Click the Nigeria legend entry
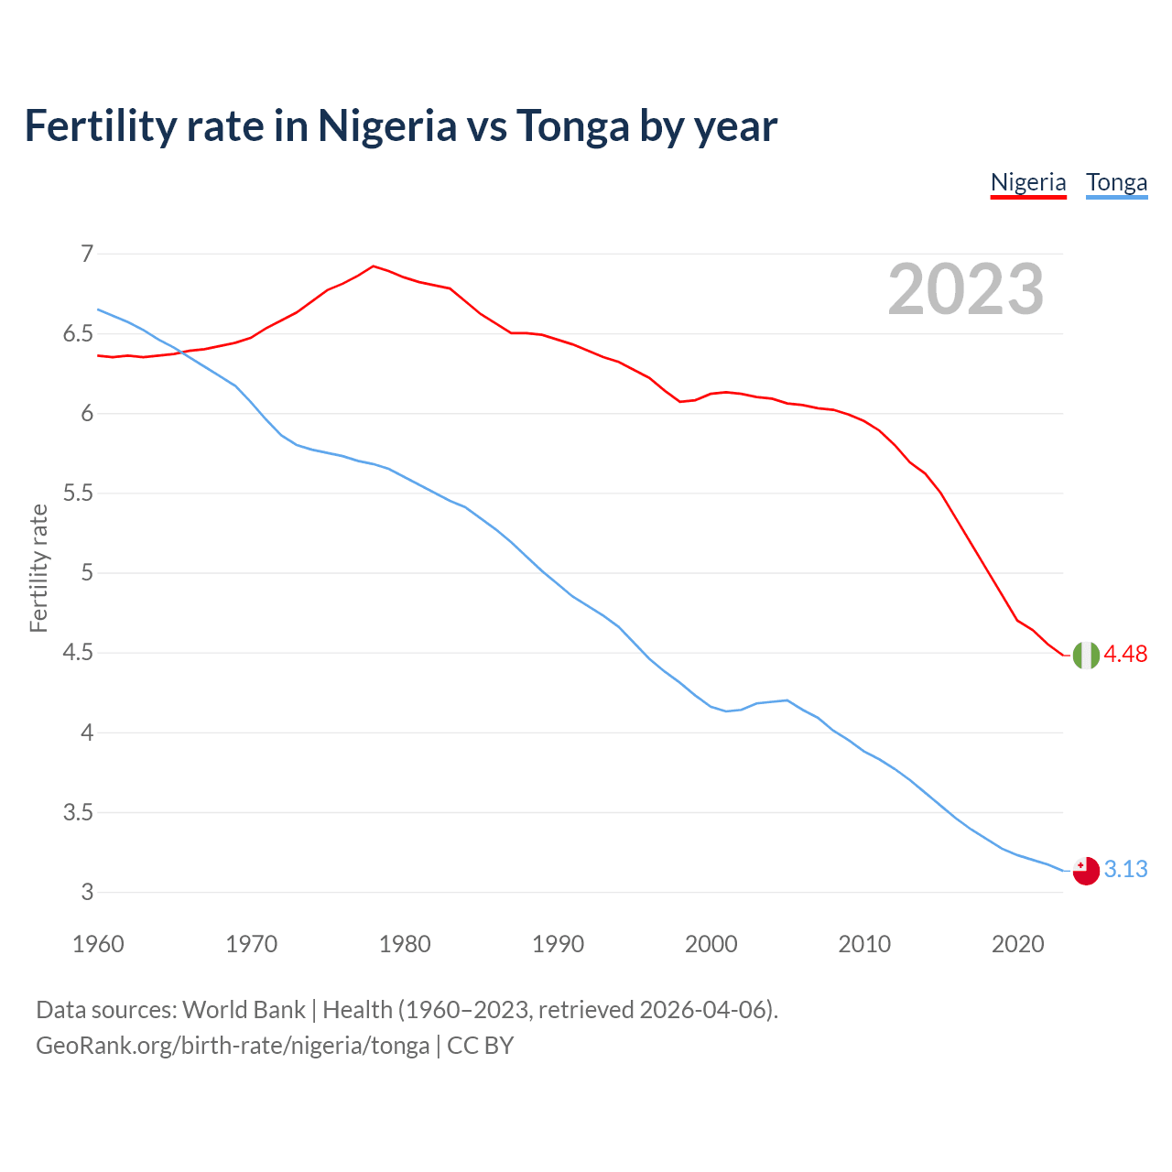(x=1028, y=182)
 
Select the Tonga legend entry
(x=1116, y=182)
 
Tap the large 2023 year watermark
(x=966, y=289)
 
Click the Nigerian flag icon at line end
(x=1086, y=656)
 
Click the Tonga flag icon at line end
(x=1086, y=871)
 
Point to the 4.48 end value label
(x=1125, y=654)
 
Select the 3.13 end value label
(x=1125, y=869)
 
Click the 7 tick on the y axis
(x=87, y=254)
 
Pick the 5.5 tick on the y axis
(x=78, y=494)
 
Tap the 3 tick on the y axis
(x=87, y=892)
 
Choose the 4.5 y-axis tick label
(x=78, y=653)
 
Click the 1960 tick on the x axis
(x=98, y=944)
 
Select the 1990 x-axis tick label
(x=558, y=944)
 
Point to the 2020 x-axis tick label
(x=1017, y=944)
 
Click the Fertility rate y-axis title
(x=38, y=568)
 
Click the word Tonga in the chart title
(x=572, y=125)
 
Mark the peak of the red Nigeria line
(x=373, y=266)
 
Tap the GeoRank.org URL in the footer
(x=233, y=1045)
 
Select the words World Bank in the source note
(x=244, y=1010)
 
